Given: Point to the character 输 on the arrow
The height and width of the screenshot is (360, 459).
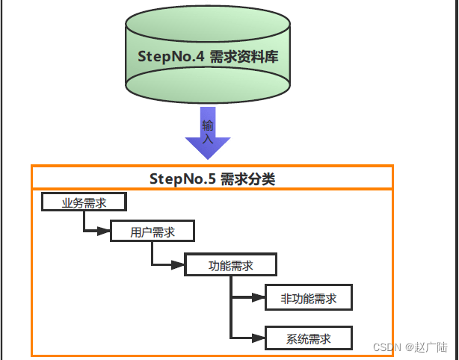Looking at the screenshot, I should click(208, 125).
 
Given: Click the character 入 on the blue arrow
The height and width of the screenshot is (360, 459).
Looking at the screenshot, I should click(208, 138).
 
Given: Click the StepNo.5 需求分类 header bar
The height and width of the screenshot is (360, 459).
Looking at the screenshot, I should click(212, 178).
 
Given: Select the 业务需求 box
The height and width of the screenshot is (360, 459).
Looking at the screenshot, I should click(84, 202).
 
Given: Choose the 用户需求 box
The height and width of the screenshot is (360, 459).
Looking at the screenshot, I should click(153, 232).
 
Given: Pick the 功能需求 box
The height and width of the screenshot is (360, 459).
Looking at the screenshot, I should click(231, 266).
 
